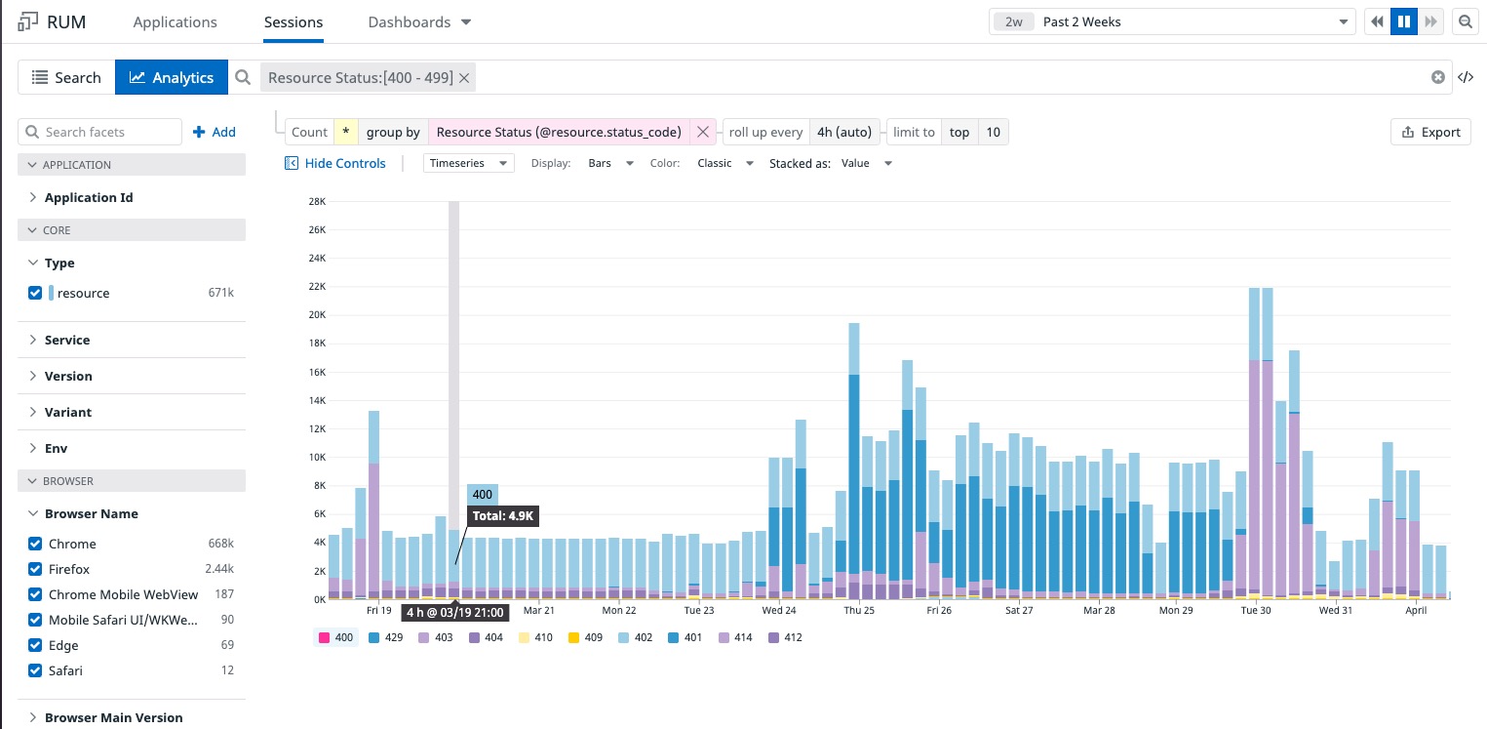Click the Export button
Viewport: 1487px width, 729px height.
[1429, 132]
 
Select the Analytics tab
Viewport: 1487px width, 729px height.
[172, 77]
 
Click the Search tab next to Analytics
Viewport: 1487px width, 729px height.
[66, 77]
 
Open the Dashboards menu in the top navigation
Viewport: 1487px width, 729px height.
[419, 21]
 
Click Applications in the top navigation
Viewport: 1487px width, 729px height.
[176, 21]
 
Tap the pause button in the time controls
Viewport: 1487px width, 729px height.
[1404, 21]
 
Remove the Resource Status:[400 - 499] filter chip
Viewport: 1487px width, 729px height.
[464, 77]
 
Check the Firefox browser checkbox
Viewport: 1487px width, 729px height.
[36, 569]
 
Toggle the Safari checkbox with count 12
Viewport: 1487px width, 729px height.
[36, 670]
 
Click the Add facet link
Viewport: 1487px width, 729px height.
[215, 132]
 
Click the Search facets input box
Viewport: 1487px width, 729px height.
[100, 132]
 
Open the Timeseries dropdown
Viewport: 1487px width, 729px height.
[469, 163]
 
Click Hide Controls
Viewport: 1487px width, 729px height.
[335, 163]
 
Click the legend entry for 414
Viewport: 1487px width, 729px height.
[735, 637]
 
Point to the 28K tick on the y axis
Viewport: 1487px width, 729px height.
[316, 201]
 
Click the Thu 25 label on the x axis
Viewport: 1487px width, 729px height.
[858, 610]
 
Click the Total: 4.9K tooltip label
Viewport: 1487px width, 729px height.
[503, 516]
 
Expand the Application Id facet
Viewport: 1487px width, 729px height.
[88, 197]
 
